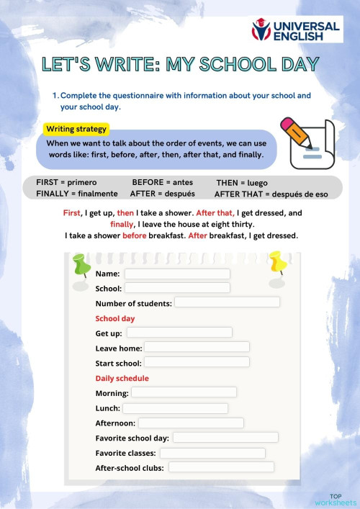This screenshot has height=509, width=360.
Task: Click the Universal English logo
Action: tap(295, 30)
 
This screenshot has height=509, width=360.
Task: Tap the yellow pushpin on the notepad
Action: tap(276, 263)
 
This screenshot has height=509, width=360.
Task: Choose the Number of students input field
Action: tap(227, 302)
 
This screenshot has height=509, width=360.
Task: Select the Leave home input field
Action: tap(197, 347)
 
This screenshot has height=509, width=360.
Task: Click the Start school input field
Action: tap(197, 361)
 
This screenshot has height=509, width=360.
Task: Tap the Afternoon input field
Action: tap(191, 423)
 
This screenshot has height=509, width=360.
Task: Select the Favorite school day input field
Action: tap(225, 437)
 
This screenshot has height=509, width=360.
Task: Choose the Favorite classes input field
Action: tap(212, 453)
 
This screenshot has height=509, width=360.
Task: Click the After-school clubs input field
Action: tap(221, 467)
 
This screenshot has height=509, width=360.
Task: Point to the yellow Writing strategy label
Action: tap(76, 130)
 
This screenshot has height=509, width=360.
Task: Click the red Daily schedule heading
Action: tap(122, 378)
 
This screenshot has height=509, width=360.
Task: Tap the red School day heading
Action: tap(115, 318)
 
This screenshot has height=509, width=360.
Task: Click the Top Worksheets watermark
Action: tap(335, 500)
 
